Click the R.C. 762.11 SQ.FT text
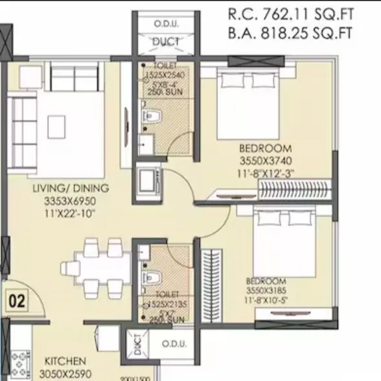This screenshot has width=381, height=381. tap(290, 14)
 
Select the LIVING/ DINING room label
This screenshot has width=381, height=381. tap(71, 189)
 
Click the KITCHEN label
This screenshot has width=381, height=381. tap(65, 361)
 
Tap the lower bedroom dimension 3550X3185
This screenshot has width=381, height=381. tap(266, 291)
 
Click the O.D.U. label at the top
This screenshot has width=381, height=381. tap(166, 24)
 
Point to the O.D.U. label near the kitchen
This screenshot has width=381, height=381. tap(174, 344)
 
